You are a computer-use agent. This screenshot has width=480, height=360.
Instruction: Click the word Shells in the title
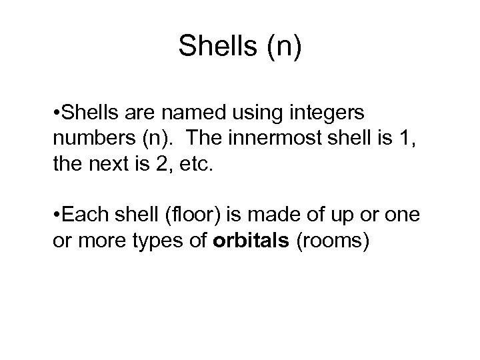tap(215, 46)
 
